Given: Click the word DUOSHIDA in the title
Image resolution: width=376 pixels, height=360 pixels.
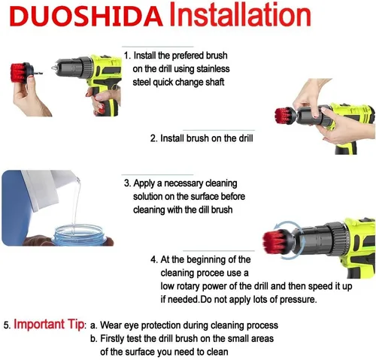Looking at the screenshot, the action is [86, 15].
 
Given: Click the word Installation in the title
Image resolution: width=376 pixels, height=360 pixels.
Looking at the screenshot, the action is [240, 15].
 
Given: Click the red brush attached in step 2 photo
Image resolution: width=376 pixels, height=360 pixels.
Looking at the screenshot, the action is [284, 116].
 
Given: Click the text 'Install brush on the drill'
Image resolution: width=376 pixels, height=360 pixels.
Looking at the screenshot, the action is [206, 138].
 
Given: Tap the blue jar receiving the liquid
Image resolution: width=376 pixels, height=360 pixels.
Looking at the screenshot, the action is [78, 234].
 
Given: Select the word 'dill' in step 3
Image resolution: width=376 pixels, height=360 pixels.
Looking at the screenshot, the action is [204, 210].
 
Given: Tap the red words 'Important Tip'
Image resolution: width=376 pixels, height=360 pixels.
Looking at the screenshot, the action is [49, 324].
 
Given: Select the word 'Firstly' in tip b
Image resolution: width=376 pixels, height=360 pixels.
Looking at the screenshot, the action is [112, 339].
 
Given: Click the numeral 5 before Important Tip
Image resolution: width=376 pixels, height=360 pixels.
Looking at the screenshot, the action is [6, 325].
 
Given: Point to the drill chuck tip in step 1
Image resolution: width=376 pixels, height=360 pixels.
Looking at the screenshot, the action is [53, 68].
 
